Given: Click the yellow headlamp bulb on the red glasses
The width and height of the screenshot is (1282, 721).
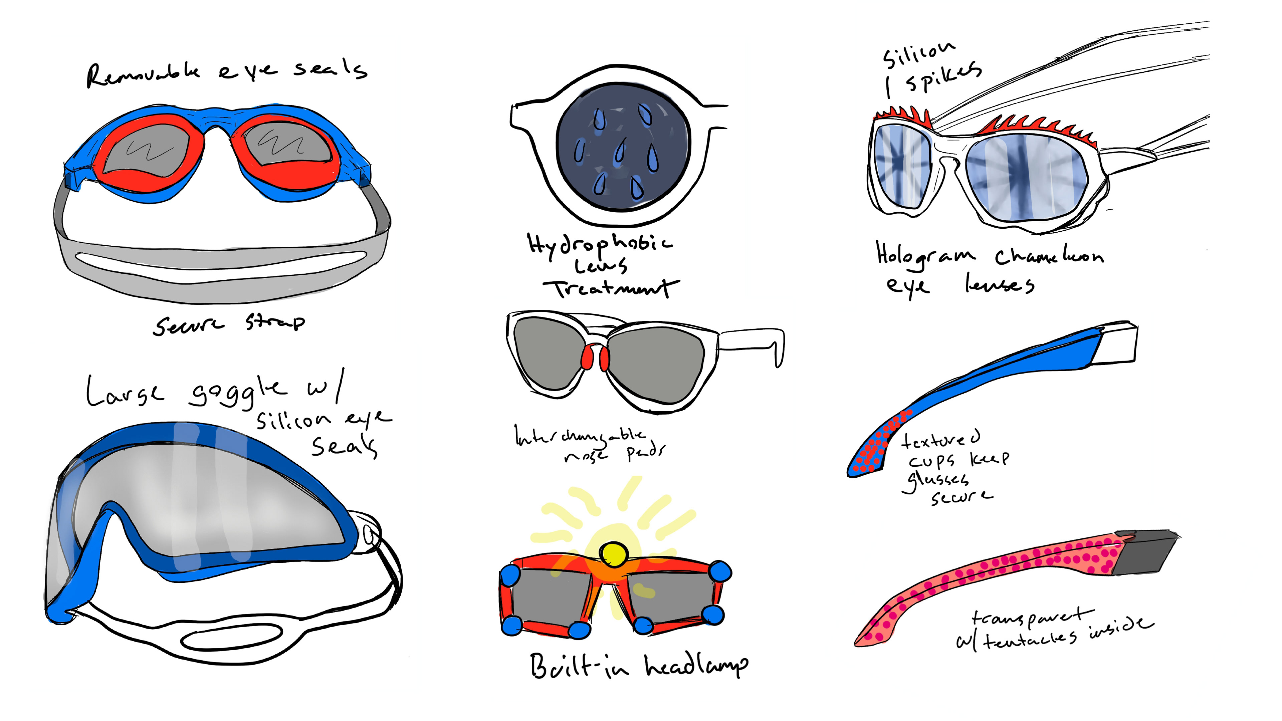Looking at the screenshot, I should [x=614, y=554].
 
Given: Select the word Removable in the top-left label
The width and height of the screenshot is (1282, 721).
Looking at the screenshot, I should [x=143, y=76].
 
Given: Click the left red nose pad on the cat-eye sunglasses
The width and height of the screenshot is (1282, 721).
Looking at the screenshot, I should [x=587, y=357].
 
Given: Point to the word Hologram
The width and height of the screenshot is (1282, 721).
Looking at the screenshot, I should [x=925, y=256].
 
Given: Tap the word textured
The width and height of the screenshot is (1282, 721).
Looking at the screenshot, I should [x=940, y=440].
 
